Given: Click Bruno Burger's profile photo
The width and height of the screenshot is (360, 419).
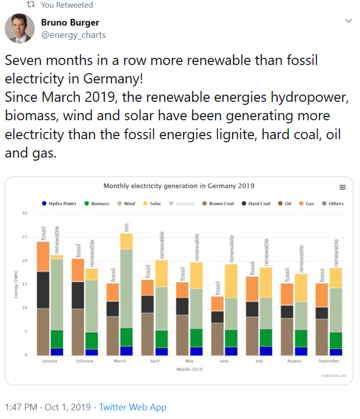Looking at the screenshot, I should (20, 28).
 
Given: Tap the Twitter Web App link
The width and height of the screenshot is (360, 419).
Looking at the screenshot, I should (133, 407).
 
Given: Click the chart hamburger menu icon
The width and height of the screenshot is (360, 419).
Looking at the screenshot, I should (342, 187).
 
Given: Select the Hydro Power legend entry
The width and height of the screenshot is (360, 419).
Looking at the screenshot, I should (59, 204).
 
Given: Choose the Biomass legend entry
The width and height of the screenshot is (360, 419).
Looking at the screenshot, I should (97, 204).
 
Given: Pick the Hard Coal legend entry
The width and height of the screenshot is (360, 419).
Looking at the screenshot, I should (256, 204).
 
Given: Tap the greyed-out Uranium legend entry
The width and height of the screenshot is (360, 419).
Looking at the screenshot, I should (183, 204).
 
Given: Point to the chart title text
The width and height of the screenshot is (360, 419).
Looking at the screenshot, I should (179, 186).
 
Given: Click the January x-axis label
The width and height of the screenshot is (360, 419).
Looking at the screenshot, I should (50, 361).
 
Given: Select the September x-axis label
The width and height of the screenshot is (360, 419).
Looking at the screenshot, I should (329, 361).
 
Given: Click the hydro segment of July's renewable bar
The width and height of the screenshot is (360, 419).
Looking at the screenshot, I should (266, 351).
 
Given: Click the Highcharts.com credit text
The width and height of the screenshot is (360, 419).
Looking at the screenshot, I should (334, 375).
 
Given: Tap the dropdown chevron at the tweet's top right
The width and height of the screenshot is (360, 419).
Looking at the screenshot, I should (349, 21).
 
